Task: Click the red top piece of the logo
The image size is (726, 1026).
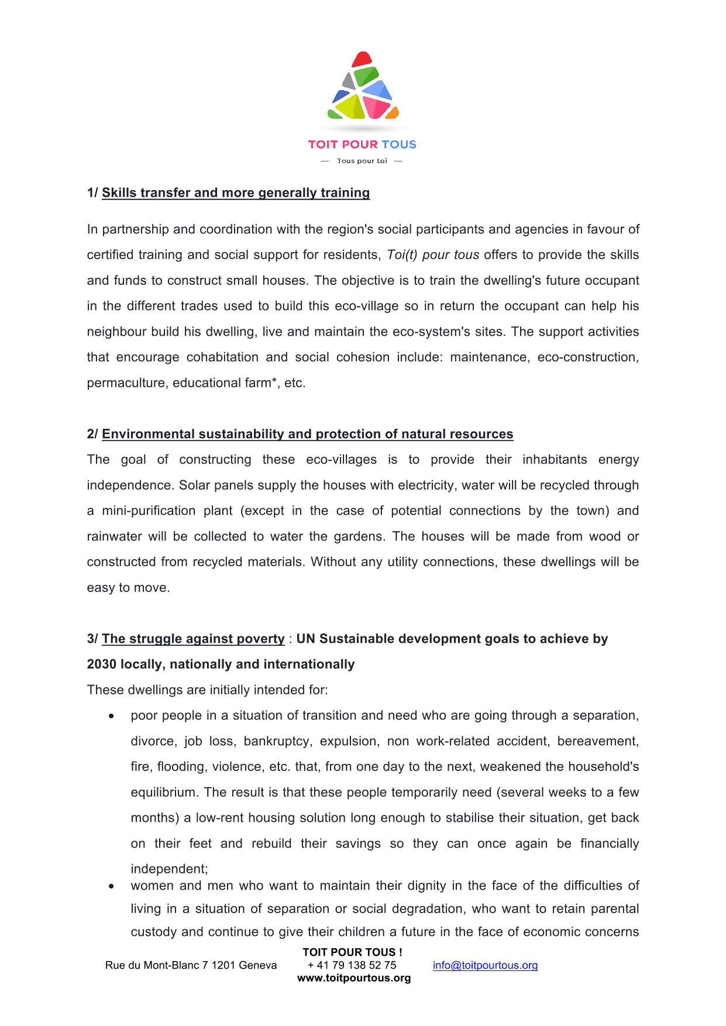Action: (362, 59)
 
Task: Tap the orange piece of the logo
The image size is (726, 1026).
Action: (393, 112)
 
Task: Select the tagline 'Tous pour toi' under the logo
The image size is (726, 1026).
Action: (362, 161)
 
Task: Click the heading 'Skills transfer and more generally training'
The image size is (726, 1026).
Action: (236, 193)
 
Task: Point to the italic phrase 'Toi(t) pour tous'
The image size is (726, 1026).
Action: (433, 255)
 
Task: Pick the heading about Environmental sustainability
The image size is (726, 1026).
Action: (307, 434)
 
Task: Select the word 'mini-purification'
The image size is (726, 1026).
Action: (149, 511)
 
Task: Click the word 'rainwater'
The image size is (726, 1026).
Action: (115, 536)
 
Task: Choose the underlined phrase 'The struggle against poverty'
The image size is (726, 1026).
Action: (193, 639)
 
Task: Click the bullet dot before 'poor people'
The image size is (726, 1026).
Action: (111, 716)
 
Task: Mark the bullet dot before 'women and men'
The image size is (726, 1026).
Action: (111, 886)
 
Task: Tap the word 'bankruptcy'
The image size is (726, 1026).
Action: (277, 742)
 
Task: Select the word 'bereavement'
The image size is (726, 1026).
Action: (597, 742)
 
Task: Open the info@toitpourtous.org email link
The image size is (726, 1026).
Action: (485, 965)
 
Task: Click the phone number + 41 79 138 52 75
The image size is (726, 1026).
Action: (352, 965)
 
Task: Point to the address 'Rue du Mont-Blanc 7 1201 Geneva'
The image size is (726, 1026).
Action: (191, 965)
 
